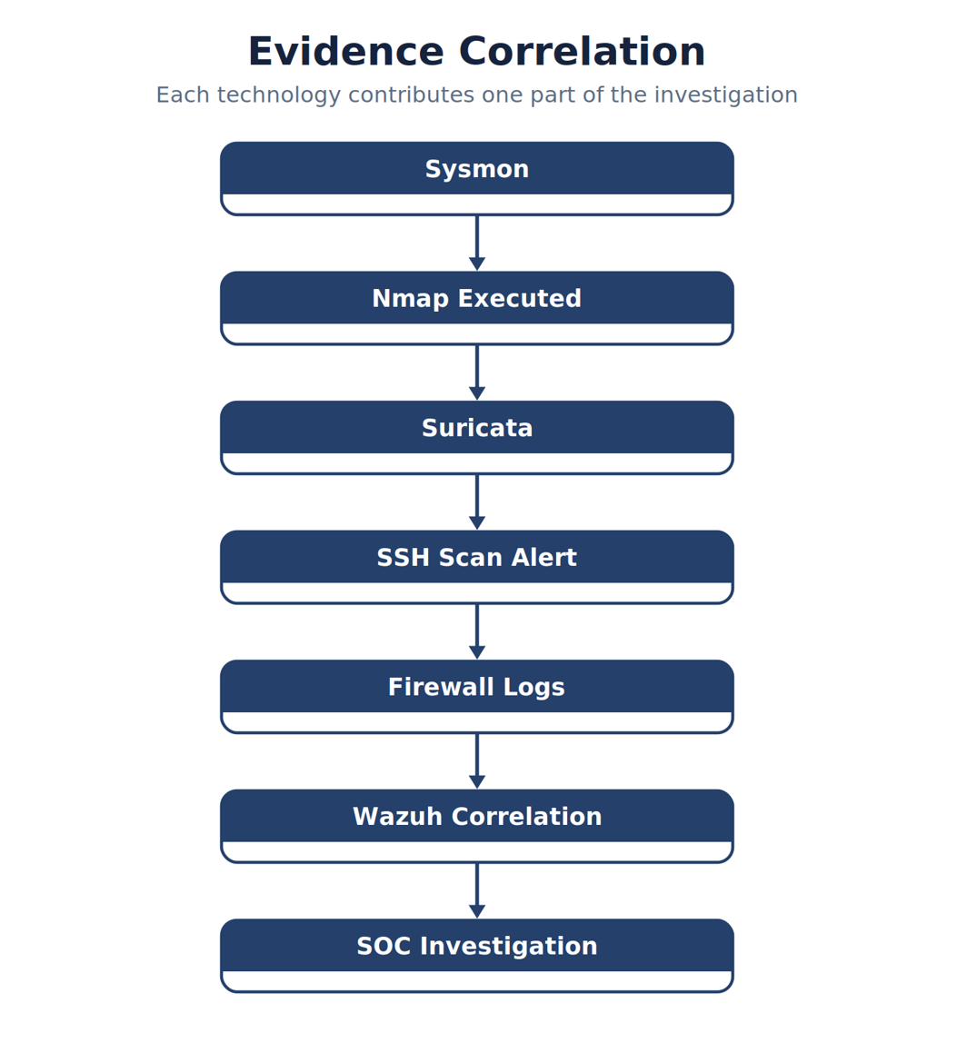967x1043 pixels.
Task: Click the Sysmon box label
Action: [x=476, y=169]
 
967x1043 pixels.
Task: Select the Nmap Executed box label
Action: [x=476, y=299]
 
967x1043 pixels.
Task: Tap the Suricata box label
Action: [x=476, y=428]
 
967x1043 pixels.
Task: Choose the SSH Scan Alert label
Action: [x=476, y=558]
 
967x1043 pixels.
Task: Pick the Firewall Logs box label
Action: [x=476, y=687]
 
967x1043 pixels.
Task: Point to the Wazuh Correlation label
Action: [x=476, y=816]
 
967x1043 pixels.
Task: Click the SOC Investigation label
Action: [x=476, y=946]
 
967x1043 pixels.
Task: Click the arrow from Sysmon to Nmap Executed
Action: [x=476, y=243]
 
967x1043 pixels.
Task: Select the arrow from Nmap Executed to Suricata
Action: [x=476, y=372]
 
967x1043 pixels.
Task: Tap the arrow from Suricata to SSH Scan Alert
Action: [x=476, y=502]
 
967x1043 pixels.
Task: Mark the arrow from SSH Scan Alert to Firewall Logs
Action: [x=476, y=631]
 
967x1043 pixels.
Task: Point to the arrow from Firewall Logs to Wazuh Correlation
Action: [x=476, y=761]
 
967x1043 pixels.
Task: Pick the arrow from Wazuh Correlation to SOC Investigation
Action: [x=476, y=890]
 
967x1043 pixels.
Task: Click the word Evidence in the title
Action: [x=346, y=51]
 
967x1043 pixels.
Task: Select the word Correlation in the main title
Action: [x=582, y=51]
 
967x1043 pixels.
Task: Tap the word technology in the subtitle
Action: [x=279, y=95]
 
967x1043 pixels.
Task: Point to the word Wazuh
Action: [x=397, y=816]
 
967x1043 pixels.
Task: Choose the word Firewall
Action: [x=441, y=687]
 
